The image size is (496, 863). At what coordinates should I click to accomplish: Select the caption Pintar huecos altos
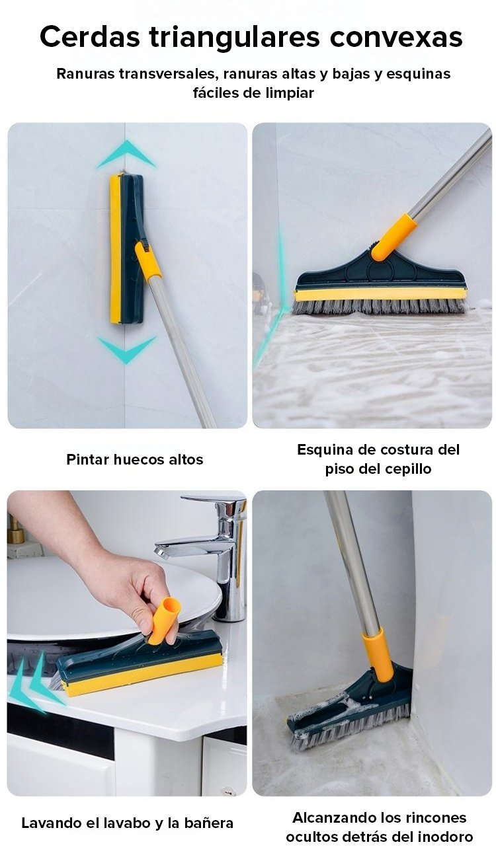click(134, 459)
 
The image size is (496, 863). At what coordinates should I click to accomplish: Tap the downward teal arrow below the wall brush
click(126, 348)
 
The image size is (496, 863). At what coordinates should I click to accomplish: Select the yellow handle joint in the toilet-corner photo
click(378, 655)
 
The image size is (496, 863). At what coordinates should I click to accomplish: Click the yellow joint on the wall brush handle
click(148, 260)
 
